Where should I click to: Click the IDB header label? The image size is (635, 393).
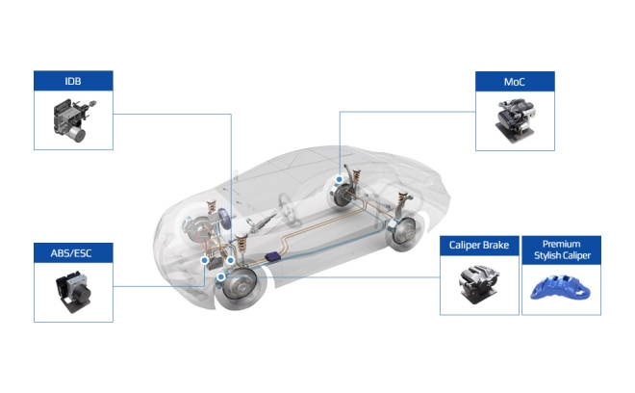(x=73, y=81)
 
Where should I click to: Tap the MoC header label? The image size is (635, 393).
(x=515, y=82)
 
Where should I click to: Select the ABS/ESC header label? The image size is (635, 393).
(x=71, y=253)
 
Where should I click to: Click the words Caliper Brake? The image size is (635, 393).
(x=479, y=245)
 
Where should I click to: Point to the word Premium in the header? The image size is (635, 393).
(x=561, y=244)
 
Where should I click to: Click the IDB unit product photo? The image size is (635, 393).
(x=74, y=120)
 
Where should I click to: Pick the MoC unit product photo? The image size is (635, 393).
(x=515, y=120)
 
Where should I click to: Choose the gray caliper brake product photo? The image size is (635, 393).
(x=479, y=285)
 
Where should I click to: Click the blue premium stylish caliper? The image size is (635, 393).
(x=561, y=288)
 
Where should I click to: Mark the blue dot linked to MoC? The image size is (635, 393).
(x=340, y=179)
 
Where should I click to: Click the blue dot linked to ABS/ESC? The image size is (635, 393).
(x=205, y=260)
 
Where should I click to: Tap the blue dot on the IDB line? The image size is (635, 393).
(x=231, y=260)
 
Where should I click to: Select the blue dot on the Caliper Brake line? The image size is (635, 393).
(x=220, y=277)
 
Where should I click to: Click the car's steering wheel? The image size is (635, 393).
(x=289, y=209)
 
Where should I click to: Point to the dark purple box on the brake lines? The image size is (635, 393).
(x=273, y=256)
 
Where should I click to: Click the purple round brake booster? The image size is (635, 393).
(x=224, y=219)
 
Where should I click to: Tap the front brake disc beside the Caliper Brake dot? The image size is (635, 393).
(x=241, y=286)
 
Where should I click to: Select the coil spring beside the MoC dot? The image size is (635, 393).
(x=357, y=176)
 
